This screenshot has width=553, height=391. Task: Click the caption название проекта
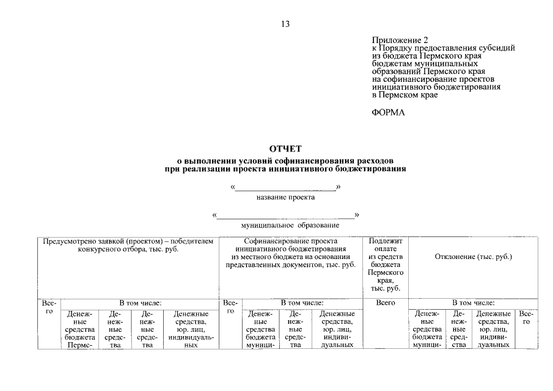pos(285,197)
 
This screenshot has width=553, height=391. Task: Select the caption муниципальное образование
pos(285,225)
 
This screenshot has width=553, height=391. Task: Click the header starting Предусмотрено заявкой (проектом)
pos(128,245)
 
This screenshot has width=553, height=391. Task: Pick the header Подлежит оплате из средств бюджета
pos(385,265)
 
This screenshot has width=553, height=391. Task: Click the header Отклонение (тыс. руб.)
pos(473,257)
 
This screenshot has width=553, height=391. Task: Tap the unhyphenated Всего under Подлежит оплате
pos(385,302)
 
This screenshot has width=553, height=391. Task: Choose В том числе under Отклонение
pos(473,302)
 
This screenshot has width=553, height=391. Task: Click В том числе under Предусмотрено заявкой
pos(140,302)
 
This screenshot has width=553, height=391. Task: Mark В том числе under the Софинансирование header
pos(302,302)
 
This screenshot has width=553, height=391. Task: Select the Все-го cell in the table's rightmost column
pos(526,317)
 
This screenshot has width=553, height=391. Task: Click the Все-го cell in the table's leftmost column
pos(49,307)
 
